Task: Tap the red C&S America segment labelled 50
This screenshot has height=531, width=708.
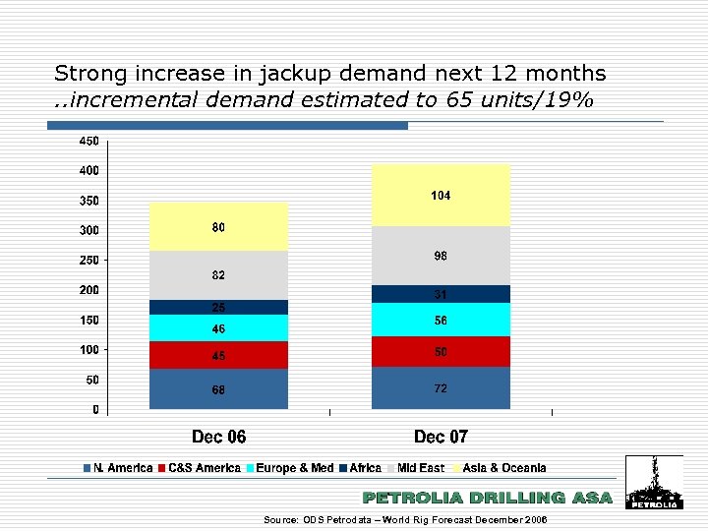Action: click(x=441, y=351)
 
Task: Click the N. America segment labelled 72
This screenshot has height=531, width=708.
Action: click(x=441, y=388)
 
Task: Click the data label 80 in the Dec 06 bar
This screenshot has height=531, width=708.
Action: click(x=218, y=228)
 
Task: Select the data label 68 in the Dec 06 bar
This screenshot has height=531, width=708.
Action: click(x=218, y=390)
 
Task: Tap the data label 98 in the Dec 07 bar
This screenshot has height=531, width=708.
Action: click(x=441, y=256)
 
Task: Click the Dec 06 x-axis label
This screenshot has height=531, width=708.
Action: click(x=218, y=436)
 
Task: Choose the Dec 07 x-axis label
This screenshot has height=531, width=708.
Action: click(x=441, y=436)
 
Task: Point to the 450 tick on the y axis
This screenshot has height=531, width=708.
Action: click(x=88, y=142)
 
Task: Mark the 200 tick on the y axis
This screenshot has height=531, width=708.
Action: click(x=88, y=290)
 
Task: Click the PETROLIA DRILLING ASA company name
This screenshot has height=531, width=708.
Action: click(x=487, y=499)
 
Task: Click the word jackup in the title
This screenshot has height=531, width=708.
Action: click(x=279, y=74)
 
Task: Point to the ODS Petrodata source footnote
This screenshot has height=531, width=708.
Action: click(x=405, y=519)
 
